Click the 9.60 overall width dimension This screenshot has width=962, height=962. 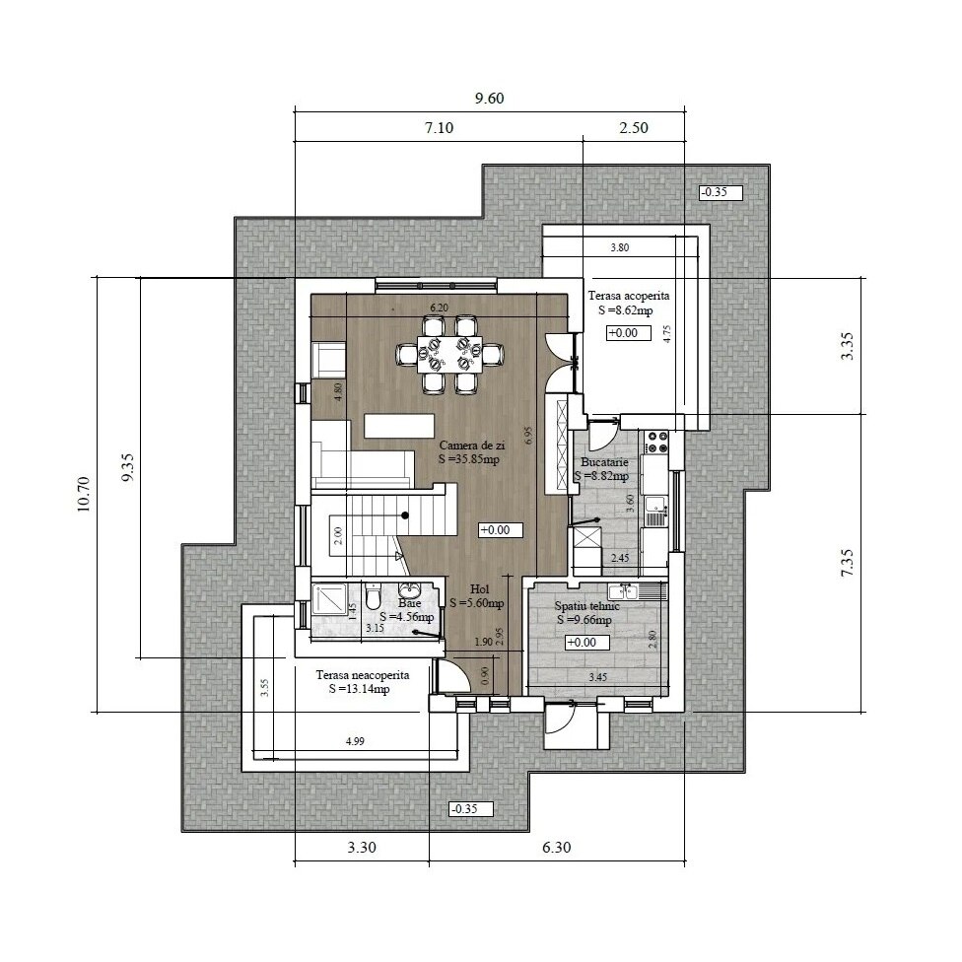point(490,98)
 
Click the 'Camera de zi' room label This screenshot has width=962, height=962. point(471,446)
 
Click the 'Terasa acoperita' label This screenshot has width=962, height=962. point(629,296)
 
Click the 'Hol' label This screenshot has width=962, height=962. point(480,588)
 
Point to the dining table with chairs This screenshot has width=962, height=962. point(449,352)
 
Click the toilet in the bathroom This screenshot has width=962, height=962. point(373,597)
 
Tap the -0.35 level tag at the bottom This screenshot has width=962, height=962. point(463,809)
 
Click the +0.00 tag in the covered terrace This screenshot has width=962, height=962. point(622,333)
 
